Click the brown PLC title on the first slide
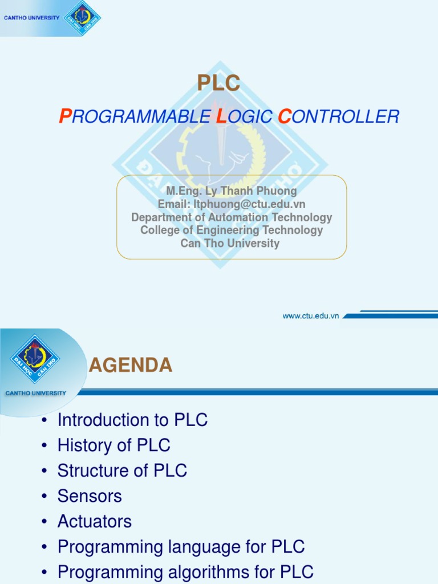point(218,84)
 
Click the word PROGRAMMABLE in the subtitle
point(135,117)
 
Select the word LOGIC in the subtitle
point(244,117)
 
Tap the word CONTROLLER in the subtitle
point(338,117)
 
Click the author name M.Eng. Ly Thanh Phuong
point(231,191)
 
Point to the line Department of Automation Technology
point(231,217)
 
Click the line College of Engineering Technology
point(231,230)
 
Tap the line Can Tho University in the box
point(230,244)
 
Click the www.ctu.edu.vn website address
point(311,315)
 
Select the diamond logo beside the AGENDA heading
point(35,358)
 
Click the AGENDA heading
point(131,365)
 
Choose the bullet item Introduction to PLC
point(132,420)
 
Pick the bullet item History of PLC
point(113,445)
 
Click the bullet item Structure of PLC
point(122,471)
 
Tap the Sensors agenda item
point(90,496)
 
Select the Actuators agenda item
point(94,521)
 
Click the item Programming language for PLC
point(181,547)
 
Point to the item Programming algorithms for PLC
point(185,572)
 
